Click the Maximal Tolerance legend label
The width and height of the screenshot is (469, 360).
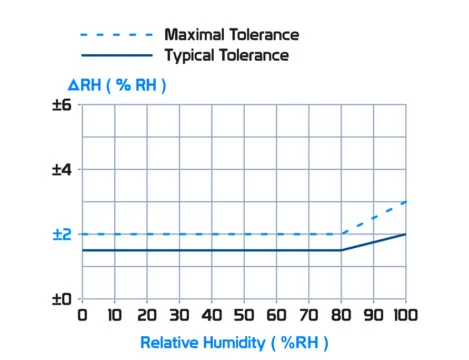(231, 35)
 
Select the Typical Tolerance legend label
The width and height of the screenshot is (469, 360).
(228, 55)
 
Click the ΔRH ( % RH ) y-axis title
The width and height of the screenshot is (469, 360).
(109, 86)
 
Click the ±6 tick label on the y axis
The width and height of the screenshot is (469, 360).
(61, 105)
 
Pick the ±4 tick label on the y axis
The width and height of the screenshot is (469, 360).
(61, 170)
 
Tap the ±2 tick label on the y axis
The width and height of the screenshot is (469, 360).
(61, 234)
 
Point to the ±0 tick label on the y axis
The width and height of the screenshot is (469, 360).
(61, 299)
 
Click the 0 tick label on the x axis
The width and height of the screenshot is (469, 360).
(82, 316)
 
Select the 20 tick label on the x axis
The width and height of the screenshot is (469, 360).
(146, 316)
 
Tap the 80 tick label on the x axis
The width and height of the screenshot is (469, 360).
(340, 316)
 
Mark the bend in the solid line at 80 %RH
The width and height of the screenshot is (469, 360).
(341, 250)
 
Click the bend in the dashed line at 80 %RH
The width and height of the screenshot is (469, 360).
(341, 234)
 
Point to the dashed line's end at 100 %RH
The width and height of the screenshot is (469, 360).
(405, 202)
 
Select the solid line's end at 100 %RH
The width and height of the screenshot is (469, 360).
(405, 234)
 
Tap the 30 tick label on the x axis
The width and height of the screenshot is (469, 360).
(179, 316)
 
